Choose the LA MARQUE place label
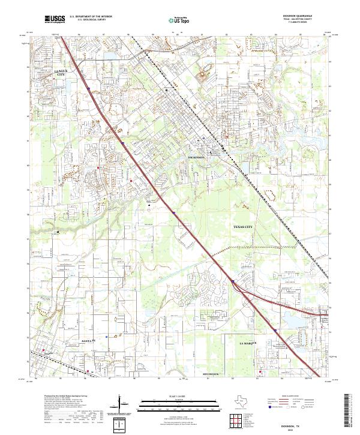click(x=248, y=342)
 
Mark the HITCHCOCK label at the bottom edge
click(x=212, y=374)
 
